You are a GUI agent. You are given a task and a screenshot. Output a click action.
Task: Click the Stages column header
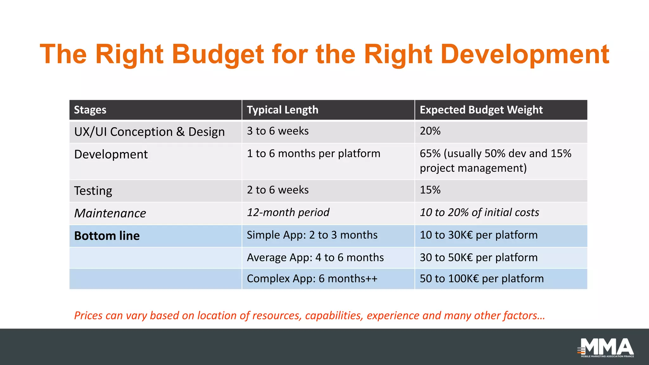point(90,110)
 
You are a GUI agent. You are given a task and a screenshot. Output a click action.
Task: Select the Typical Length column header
point(282,110)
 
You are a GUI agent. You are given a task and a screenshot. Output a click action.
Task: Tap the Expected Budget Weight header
point(481,110)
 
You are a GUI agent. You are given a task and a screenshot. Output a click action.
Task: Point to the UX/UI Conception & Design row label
point(149,132)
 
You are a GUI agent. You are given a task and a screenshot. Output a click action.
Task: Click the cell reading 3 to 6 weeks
point(278,131)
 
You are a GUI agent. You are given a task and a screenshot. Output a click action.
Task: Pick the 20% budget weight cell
point(430,131)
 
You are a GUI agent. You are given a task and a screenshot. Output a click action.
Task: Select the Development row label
point(111,154)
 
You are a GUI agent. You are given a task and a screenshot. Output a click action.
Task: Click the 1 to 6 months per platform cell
point(313,154)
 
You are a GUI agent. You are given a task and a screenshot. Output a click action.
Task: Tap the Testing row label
point(93,191)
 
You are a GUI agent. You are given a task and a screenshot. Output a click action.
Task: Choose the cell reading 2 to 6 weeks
point(278,190)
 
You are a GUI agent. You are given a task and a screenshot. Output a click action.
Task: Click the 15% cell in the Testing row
point(430,190)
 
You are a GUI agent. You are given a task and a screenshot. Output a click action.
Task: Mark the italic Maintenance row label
point(110,213)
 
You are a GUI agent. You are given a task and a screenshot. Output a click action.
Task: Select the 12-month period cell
point(288,212)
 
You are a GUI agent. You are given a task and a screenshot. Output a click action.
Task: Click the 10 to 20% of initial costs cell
point(479,212)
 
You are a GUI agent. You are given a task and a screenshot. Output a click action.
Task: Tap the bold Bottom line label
point(107,236)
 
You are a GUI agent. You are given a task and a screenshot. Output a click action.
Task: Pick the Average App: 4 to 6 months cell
point(315,257)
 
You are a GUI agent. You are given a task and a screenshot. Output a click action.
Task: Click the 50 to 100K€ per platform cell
point(481,279)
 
